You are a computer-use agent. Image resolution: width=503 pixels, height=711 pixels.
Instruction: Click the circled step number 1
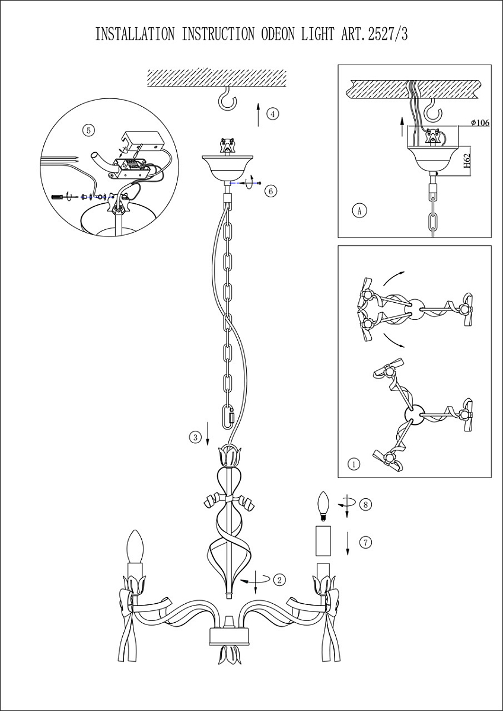pos(353,464)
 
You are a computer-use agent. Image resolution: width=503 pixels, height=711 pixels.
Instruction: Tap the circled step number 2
pos(280,579)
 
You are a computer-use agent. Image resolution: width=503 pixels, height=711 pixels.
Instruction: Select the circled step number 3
pos(195,438)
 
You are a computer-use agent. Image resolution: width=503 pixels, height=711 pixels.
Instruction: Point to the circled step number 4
pos(272,114)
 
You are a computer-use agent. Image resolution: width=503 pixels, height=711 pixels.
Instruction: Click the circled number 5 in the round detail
pos(88,130)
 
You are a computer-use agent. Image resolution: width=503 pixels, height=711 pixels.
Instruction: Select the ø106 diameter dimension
pos(479,123)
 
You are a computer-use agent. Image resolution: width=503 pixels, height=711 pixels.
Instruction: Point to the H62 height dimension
pos(467,161)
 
